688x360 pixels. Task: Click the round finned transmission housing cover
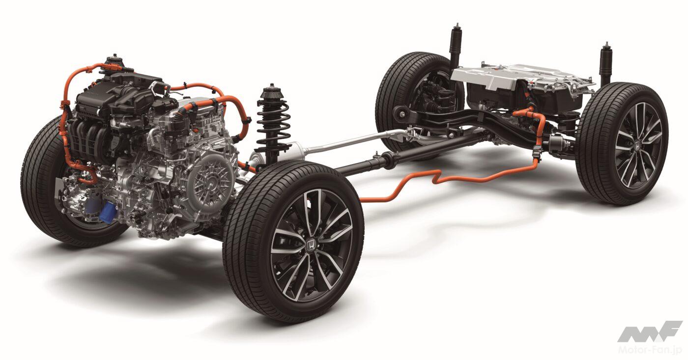tap(211, 181)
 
